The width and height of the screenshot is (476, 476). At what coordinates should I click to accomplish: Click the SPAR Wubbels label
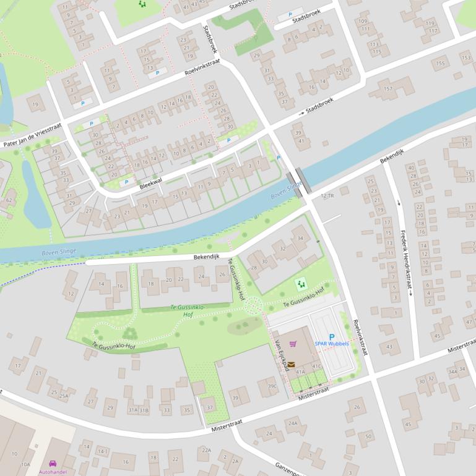coord(331,344)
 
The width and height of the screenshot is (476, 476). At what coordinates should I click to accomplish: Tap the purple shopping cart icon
coord(293,344)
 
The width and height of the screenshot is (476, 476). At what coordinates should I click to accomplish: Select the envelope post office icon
coord(291,365)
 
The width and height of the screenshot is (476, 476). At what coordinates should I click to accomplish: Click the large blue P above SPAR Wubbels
coord(332,336)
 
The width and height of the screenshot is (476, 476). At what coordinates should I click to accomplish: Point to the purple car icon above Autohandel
coord(53,463)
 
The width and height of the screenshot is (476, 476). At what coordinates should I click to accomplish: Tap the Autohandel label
coord(53,472)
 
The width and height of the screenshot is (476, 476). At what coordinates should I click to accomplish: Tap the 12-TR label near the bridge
coord(327,195)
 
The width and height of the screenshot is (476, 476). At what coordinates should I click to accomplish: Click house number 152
coord(388,88)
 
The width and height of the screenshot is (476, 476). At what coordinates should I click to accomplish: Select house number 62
coord(9,200)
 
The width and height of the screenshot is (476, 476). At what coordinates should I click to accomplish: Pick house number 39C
coord(272,386)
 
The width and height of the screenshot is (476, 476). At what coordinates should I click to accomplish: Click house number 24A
coord(293,423)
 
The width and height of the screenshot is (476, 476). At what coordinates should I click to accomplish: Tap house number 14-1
coord(102,452)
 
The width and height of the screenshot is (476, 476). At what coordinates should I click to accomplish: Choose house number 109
coord(362,22)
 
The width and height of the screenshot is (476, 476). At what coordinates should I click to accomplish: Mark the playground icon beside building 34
coord(301,284)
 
